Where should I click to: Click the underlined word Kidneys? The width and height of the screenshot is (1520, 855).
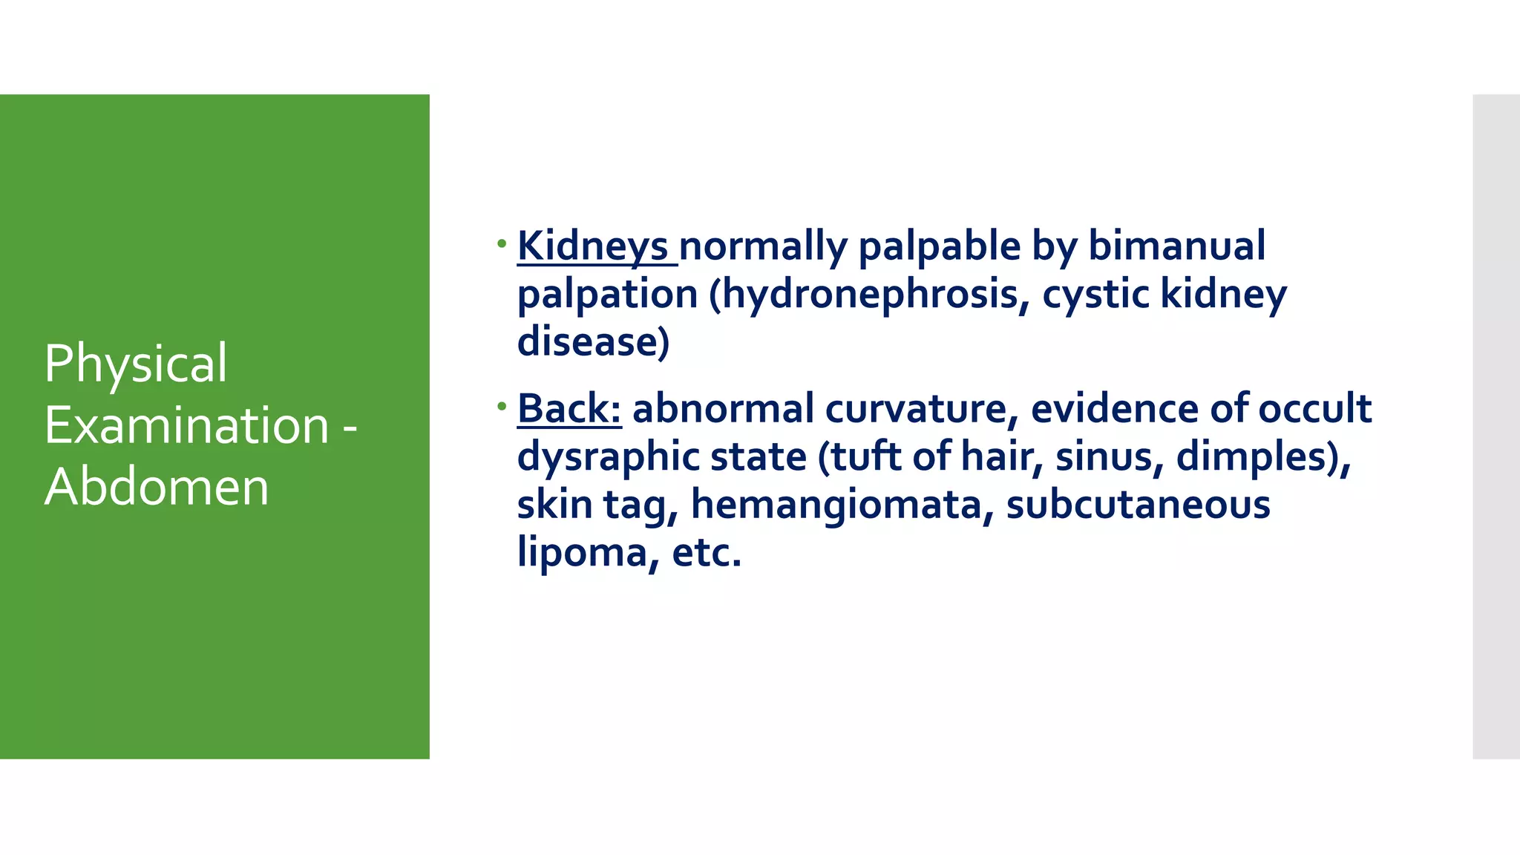pyautogui.click(x=592, y=246)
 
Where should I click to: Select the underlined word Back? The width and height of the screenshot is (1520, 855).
pyautogui.click(x=569, y=409)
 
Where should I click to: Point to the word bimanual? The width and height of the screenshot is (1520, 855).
pyautogui.click(x=1176, y=246)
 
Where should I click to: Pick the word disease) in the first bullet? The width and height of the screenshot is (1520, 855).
pyautogui.click(x=593, y=342)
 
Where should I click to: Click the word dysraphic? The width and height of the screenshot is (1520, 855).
pyautogui.click(x=608, y=457)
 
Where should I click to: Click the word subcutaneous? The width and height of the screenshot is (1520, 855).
pyautogui.click(x=1138, y=505)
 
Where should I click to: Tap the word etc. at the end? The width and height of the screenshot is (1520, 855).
pyautogui.click(x=706, y=553)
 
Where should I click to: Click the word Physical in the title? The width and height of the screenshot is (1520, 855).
pyautogui.click(x=136, y=364)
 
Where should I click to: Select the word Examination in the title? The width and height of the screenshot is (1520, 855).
pyautogui.click(x=186, y=426)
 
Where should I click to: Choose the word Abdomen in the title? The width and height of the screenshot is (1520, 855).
pyautogui.click(x=157, y=488)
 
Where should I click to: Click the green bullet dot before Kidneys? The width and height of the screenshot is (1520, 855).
pyautogui.click(x=502, y=243)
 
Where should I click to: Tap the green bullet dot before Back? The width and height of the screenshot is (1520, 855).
pyautogui.click(x=502, y=405)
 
